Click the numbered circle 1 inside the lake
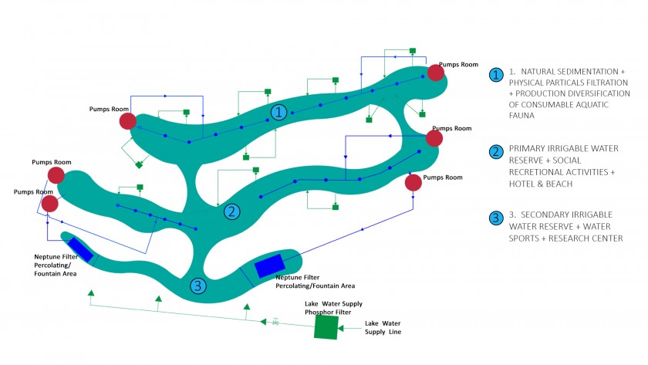coord(279,113)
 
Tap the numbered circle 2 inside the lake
coord(231,211)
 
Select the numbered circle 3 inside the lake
coord(199,286)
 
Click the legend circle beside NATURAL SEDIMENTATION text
coord(497,75)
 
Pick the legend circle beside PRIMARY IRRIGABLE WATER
coord(497,150)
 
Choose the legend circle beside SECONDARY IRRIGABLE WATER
coord(497,218)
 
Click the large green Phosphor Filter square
coord(326,328)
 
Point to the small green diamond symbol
coord(140,164)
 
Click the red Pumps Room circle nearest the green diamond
coord(128,121)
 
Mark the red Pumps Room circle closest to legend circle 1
coord(436,73)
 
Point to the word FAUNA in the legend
coord(524,116)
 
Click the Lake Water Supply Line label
coord(383,327)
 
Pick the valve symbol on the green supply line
coord(275,321)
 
